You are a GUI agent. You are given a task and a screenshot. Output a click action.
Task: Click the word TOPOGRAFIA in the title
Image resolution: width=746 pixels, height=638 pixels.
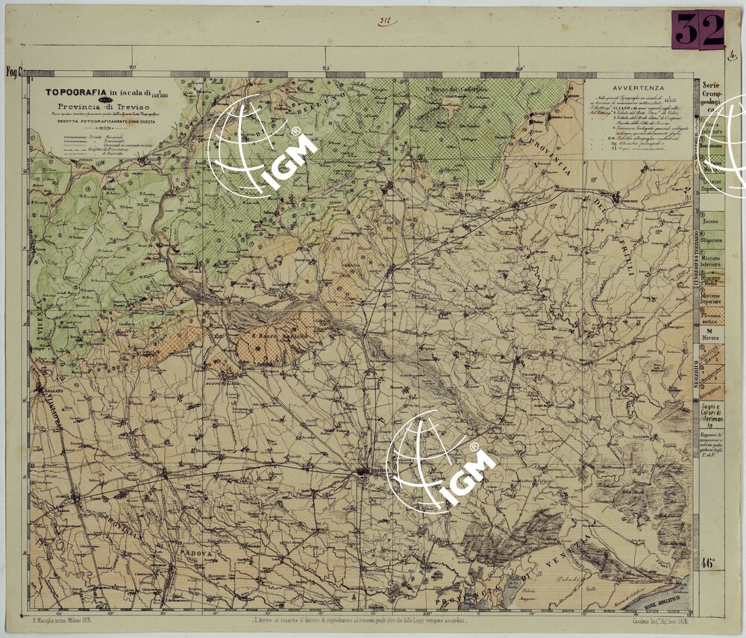[x=71, y=93]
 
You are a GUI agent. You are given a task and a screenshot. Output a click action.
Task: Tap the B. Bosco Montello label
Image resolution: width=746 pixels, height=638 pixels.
[x=275, y=335]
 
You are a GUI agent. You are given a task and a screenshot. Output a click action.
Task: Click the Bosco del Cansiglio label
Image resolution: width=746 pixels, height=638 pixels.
[x=455, y=90]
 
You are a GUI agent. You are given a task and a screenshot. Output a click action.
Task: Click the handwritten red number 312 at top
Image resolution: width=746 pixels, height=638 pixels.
[x=386, y=21]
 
